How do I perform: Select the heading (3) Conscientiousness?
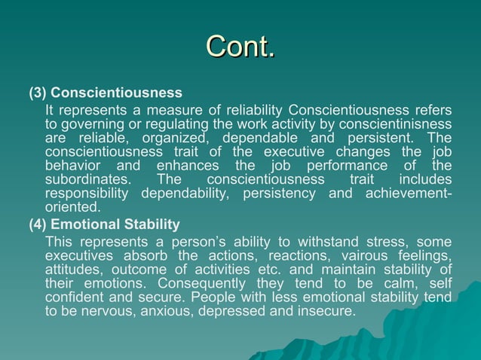pyautogui.click(x=106, y=93)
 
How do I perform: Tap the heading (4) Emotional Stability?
pyautogui.click(x=104, y=224)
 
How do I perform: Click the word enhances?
pyautogui.click(x=186, y=166)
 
